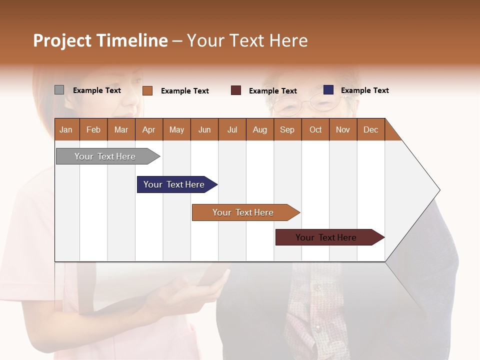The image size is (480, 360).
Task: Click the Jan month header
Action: tap(66, 129)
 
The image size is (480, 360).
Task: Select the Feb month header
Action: tap(93, 129)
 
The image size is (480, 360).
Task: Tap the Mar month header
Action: tap(121, 129)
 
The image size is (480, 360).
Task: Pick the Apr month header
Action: tap(149, 129)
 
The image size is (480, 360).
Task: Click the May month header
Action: tap(176, 129)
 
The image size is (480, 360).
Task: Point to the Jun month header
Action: tap(204, 129)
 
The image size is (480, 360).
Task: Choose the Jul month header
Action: tap(232, 129)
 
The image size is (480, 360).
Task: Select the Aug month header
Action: tap(260, 129)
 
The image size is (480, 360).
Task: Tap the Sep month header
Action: tap(287, 129)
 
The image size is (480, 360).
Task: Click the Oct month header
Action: tap(315, 129)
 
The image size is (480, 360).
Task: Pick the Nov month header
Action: tap(343, 129)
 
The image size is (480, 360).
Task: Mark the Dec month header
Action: tap(371, 129)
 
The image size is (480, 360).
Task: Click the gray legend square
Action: tap(59, 90)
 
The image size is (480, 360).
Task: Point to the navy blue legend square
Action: tap(328, 90)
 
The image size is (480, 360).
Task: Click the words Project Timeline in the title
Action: tap(100, 40)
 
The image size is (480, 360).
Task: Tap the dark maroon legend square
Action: tap(236, 90)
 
